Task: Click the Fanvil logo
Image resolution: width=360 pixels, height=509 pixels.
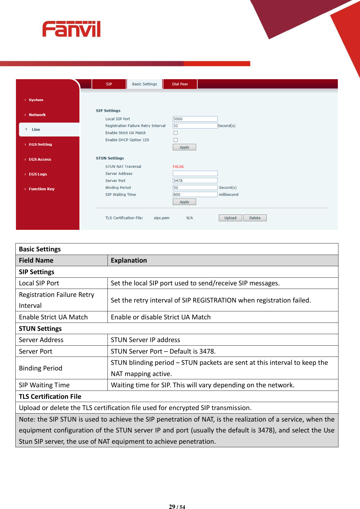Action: click(x=71, y=29)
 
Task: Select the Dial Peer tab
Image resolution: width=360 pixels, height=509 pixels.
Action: click(x=180, y=84)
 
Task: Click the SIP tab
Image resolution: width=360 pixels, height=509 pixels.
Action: click(x=109, y=84)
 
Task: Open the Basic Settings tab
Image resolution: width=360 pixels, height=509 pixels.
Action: click(x=144, y=84)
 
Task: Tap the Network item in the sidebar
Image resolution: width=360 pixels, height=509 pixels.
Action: click(x=37, y=115)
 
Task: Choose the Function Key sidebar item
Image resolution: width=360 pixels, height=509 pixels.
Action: click(x=42, y=189)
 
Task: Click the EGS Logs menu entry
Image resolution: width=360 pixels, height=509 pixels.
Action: click(x=38, y=174)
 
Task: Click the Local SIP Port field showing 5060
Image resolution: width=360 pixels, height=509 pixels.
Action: click(x=195, y=119)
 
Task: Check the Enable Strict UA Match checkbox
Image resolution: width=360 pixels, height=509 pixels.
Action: click(x=175, y=133)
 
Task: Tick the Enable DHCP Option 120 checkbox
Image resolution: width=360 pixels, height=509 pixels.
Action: click(x=175, y=140)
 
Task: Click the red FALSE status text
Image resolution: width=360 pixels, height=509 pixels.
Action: click(x=178, y=167)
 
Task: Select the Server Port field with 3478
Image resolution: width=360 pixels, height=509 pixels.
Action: click(x=195, y=180)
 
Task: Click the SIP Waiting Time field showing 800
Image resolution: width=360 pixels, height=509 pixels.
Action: click(x=195, y=194)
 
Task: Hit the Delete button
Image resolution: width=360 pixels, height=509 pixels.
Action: click(x=255, y=218)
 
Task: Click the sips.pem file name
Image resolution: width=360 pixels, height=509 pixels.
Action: click(x=162, y=218)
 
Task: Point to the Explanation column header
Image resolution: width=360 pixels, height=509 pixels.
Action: click(x=129, y=261)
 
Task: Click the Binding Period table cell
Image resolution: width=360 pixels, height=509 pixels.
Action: click(x=41, y=368)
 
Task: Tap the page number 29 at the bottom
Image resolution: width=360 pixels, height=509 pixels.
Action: click(x=172, y=507)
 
